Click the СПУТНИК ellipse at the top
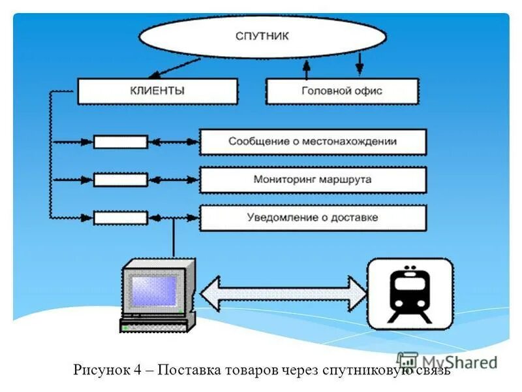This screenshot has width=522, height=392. tap(261, 35)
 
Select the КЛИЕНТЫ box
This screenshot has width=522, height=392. tap(157, 91)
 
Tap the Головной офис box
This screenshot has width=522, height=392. tap(342, 91)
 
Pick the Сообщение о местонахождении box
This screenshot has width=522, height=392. tap(313, 142)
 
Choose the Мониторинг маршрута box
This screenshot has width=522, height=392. tap(313, 180)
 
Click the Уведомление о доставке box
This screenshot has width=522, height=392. tap(313, 218)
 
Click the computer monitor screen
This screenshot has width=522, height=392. tap(154, 289)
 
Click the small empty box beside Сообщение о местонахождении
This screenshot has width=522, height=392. tap(121, 142)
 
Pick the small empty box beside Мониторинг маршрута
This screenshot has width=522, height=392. tap(121, 180)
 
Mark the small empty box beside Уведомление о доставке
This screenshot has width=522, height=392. tap(121, 218)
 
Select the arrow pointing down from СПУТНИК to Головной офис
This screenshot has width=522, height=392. tap(358, 65)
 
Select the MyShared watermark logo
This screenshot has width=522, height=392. tap(448, 361)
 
